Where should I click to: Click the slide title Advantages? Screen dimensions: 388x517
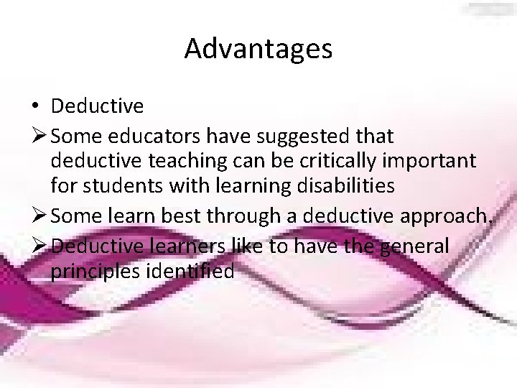pyautogui.click(x=258, y=49)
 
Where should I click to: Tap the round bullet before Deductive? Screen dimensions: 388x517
pyautogui.click(x=35, y=107)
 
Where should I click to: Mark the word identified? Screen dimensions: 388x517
pyautogui.click(x=191, y=272)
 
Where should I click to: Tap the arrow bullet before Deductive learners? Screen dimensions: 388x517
pyautogui.click(x=39, y=247)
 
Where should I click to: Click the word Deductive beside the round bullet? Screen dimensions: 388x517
pyautogui.click(x=97, y=107)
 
